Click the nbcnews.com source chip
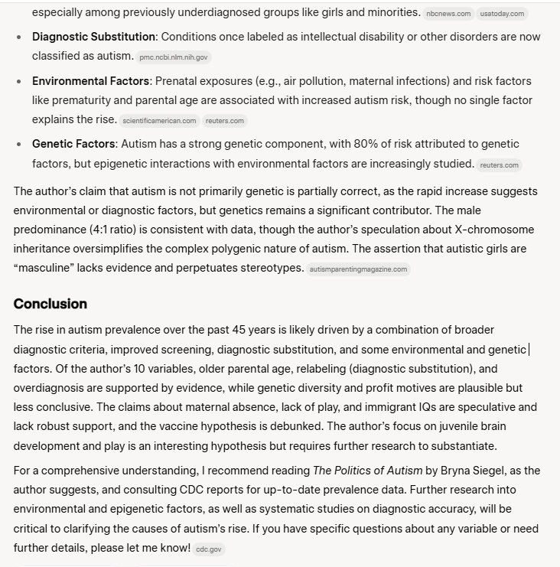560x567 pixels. tap(448, 14)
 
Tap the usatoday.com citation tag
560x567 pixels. tap(502, 14)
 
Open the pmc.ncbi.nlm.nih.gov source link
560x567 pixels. tap(174, 57)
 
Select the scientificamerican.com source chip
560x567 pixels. tap(159, 121)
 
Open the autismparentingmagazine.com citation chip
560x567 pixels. tap(358, 269)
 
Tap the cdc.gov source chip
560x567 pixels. tap(208, 549)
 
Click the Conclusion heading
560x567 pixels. tap(50, 304)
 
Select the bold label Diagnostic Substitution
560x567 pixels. tap(93, 37)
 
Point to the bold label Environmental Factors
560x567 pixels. tap(90, 81)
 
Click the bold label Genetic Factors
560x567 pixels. tap(73, 144)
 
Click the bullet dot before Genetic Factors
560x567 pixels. tap(18, 144)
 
